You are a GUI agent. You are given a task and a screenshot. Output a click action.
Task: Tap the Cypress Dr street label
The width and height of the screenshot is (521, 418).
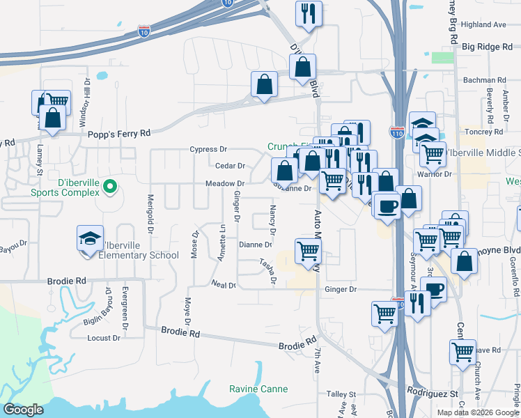209,149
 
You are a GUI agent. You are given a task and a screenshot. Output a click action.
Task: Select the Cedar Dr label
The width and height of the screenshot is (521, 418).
230,166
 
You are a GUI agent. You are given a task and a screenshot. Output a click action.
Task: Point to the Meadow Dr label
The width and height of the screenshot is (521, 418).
224,183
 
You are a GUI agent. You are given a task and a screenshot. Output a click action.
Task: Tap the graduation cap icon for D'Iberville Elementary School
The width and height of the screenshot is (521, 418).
90,239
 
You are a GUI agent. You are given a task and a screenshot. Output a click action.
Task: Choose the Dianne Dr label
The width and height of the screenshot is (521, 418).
255,245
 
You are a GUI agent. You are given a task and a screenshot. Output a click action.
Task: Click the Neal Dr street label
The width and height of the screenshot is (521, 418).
223,285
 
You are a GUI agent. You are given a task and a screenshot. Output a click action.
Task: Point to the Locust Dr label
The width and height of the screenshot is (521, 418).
104,338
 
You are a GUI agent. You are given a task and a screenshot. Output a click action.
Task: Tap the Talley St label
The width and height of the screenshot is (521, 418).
341,394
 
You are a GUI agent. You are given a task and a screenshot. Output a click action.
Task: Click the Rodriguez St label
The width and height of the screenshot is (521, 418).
432,393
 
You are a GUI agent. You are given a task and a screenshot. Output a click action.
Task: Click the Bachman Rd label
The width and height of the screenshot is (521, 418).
488,81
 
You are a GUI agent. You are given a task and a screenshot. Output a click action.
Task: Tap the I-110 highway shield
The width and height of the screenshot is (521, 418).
396,130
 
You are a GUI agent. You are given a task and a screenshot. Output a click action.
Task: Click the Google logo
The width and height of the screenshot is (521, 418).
23,410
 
